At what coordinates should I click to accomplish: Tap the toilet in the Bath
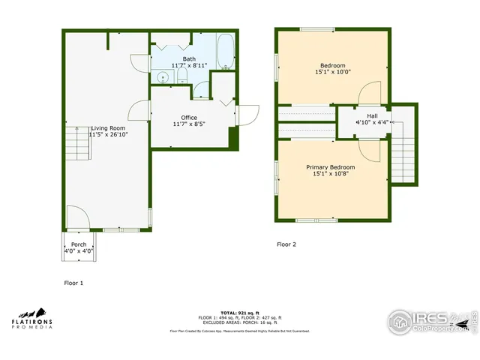tap(182, 76)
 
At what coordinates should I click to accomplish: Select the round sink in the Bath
tap(163, 76)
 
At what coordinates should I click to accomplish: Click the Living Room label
tap(108, 128)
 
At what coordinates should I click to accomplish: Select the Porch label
tap(78, 244)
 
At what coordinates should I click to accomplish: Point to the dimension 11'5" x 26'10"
tap(108, 136)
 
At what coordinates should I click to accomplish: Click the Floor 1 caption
tap(73, 283)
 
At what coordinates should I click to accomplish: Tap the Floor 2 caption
tap(286, 244)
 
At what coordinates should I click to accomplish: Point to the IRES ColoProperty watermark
tap(431, 322)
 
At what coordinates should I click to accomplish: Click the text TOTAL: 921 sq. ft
tap(240, 312)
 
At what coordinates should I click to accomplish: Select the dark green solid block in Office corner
tap(233, 138)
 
